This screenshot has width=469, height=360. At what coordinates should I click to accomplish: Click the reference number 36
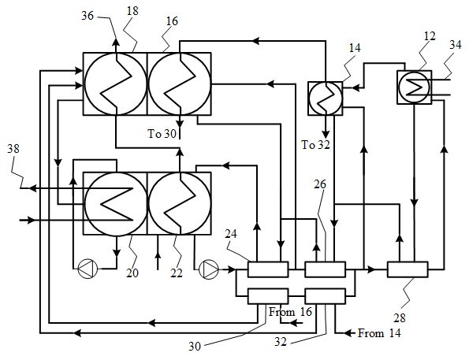click(87, 16)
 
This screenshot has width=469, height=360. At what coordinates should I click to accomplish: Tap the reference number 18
click(132, 11)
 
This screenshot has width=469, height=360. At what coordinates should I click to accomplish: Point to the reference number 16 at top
click(172, 21)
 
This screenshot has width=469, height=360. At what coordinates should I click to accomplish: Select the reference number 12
click(430, 36)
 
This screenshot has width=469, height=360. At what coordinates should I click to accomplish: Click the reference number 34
click(456, 45)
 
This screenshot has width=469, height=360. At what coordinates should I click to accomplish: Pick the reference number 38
click(13, 148)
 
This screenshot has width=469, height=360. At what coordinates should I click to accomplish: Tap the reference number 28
click(400, 317)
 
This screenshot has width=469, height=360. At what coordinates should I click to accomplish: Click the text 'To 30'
click(162, 134)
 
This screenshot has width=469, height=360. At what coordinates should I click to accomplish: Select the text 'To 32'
click(315, 145)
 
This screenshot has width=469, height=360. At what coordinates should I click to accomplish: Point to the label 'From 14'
click(379, 332)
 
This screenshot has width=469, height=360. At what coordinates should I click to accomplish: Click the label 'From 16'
click(290, 312)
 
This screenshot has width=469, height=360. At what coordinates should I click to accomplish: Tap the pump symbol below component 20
click(87, 269)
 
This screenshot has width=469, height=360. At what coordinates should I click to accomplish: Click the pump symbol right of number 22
click(209, 269)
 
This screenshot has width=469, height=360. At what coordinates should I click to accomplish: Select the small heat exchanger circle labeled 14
click(326, 98)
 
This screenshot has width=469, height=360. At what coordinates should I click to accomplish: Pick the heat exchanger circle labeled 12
click(415, 87)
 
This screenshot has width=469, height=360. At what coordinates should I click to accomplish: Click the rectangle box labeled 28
click(408, 269)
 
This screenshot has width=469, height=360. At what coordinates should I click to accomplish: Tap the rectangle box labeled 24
click(268, 269)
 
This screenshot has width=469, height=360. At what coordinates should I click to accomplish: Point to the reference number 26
click(320, 184)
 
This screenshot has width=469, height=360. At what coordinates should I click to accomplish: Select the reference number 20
click(132, 273)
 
